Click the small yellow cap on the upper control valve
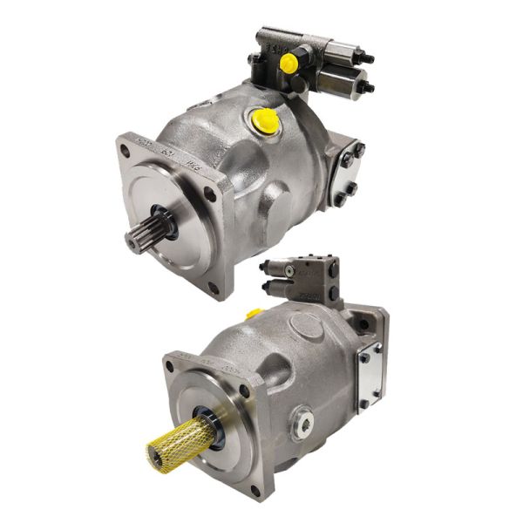point(289,62)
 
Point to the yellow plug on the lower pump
point(255,312)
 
